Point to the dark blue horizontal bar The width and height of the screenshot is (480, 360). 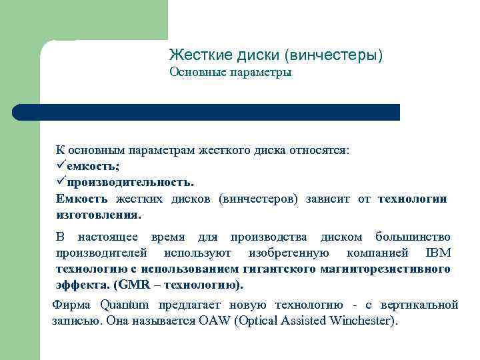click(207, 112)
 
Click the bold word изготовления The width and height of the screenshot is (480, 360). click(99, 215)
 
